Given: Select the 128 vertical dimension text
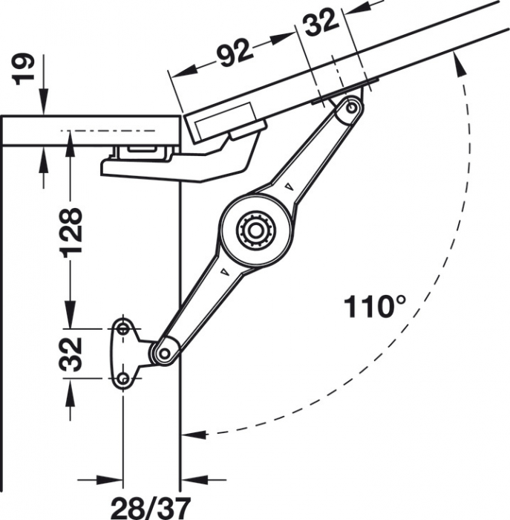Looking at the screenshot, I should point(71,232).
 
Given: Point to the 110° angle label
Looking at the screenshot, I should point(376,306).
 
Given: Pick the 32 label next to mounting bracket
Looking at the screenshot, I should point(71,354).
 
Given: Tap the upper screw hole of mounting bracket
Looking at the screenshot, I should point(123,328).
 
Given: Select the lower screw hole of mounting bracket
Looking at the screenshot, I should point(123,380).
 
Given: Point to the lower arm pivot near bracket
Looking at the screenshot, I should point(164,351).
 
